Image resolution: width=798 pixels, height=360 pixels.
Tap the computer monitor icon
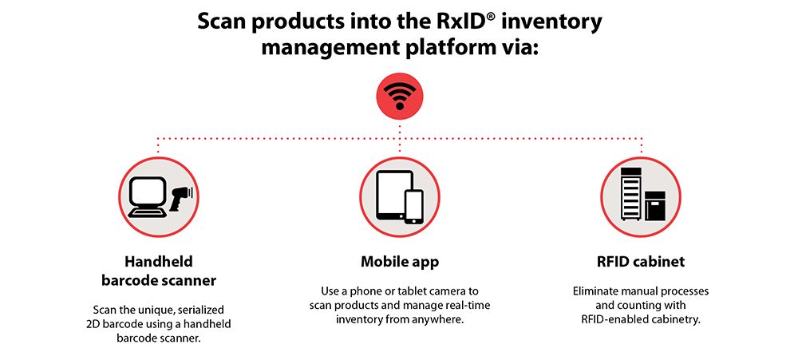coord(148,197)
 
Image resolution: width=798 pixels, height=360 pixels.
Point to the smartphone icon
coord(413,206)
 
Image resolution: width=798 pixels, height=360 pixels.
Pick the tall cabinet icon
coord(631,193)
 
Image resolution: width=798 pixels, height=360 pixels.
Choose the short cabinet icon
coord(655,205)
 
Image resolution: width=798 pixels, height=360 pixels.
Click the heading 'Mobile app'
coord(400,263)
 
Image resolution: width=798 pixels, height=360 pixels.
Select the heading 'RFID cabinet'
coord(641,262)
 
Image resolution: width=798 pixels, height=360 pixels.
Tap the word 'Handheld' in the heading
coord(159,262)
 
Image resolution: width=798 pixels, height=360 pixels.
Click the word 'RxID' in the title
coord(446,22)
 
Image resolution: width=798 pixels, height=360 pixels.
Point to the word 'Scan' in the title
coord(222,22)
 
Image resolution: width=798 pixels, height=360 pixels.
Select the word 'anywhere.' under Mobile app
coord(444,321)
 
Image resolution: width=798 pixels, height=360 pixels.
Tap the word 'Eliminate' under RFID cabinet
coord(595,292)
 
